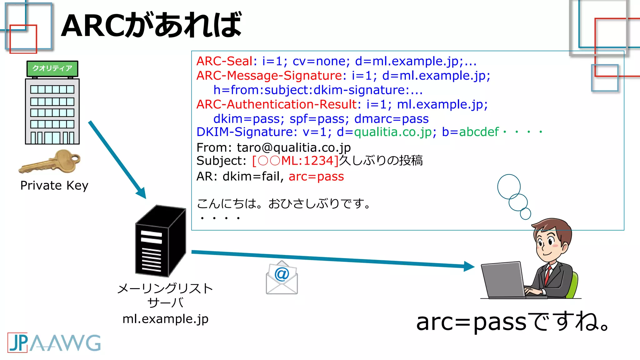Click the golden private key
click(50, 162)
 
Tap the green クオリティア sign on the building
click(52, 68)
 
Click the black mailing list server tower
click(160, 241)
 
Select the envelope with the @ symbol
click(282, 278)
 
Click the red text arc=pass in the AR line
click(316, 177)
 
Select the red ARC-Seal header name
click(224, 61)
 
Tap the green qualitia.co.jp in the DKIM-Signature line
click(393, 132)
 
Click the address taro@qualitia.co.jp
click(293, 147)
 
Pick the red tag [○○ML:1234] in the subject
click(295, 161)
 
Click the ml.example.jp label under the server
click(165, 319)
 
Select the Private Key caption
click(54, 186)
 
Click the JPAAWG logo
click(54, 343)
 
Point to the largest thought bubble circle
click(509, 187)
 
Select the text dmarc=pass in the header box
click(391, 119)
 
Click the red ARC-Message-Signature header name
click(269, 76)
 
